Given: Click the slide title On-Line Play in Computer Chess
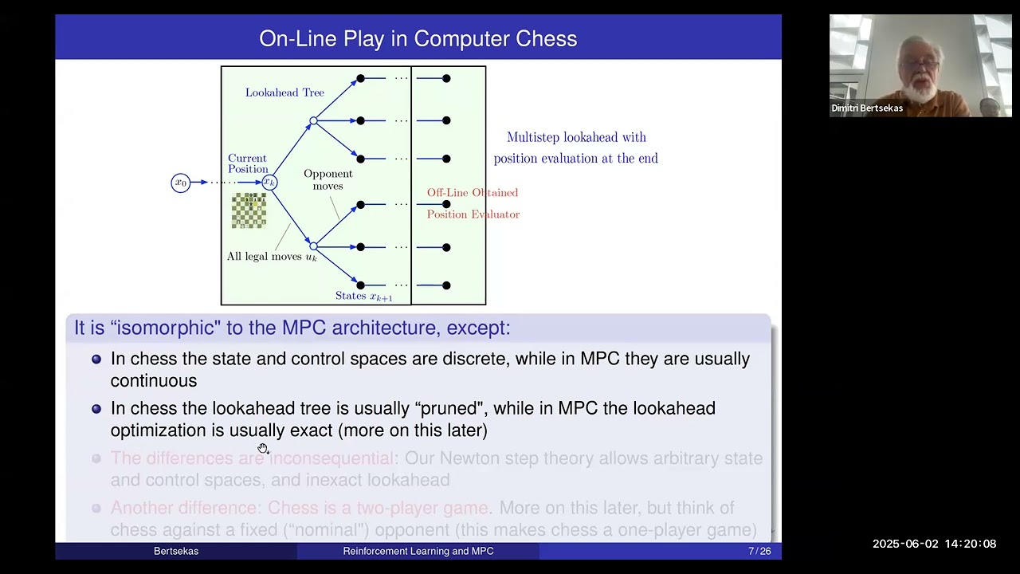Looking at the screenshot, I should [x=418, y=38].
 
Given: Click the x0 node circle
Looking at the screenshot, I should [x=181, y=183].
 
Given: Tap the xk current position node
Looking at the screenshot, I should [x=270, y=183].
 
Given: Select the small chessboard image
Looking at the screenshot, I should [x=249, y=210].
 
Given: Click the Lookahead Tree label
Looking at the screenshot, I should [x=284, y=92].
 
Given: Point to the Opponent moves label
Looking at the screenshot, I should [x=328, y=179].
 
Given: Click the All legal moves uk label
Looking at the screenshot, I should [x=272, y=257].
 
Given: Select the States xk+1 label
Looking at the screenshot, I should [x=363, y=296].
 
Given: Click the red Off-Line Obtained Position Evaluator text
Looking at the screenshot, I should [x=473, y=203].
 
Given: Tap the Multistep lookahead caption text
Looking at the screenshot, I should [x=575, y=147].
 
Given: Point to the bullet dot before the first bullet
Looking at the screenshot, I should [x=96, y=359].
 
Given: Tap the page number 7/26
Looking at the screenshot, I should [x=759, y=551].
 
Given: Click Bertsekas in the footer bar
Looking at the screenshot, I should [x=176, y=551].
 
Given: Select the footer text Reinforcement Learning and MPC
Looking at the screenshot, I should [x=418, y=551].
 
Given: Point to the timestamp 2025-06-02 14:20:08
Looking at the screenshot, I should [x=934, y=544].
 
